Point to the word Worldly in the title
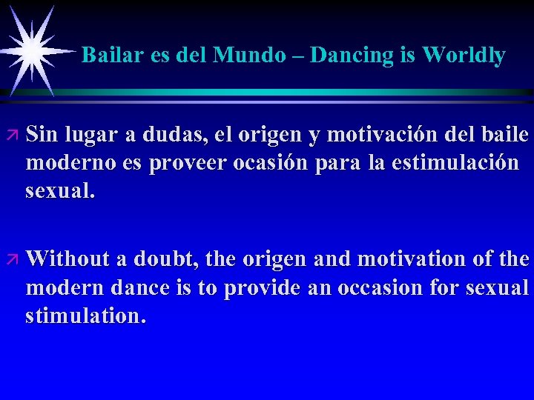click(464, 55)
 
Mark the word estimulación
click(459, 164)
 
